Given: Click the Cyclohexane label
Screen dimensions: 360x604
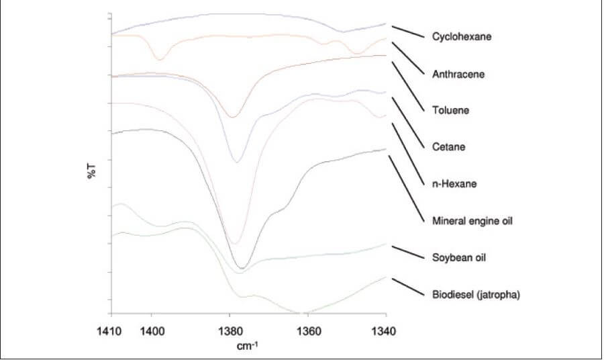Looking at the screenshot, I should (462, 37).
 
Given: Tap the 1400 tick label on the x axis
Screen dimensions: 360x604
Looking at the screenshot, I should (152, 330).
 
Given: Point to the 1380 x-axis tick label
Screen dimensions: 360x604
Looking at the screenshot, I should (230, 330).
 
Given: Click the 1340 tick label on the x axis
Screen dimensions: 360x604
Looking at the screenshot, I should (385, 330).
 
